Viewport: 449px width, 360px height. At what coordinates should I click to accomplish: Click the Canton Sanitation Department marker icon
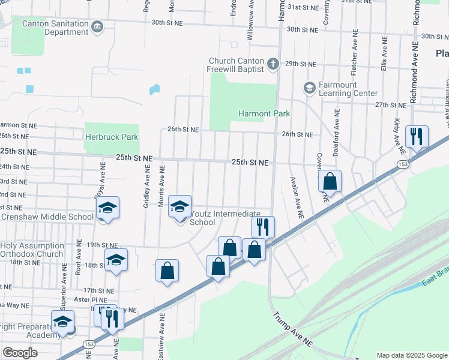pyautogui.click(x=97, y=26)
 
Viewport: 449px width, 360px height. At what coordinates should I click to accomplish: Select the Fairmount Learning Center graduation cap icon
pyautogui.click(x=310, y=88)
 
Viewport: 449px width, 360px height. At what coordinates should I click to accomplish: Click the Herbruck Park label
pyautogui.click(x=111, y=137)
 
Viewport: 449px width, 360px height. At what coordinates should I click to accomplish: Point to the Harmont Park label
pyautogui.click(x=264, y=113)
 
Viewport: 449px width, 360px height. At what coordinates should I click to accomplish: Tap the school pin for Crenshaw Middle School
pyautogui.click(x=107, y=208)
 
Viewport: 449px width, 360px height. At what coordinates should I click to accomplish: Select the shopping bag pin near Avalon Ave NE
pyautogui.click(x=330, y=181)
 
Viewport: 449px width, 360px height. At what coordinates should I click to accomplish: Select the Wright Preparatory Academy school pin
pyautogui.click(x=62, y=322)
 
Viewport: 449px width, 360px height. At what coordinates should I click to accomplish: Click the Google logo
pyautogui.click(x=20, y=353)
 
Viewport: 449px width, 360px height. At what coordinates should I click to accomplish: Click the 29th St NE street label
pyautogui.click(x=300, y=64)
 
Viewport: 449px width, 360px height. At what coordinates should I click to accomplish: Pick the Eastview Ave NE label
pyautogui.click(x=161, y=340)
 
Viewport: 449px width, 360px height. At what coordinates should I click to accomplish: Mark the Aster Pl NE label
pyautogui.click(x=91, y=299)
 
